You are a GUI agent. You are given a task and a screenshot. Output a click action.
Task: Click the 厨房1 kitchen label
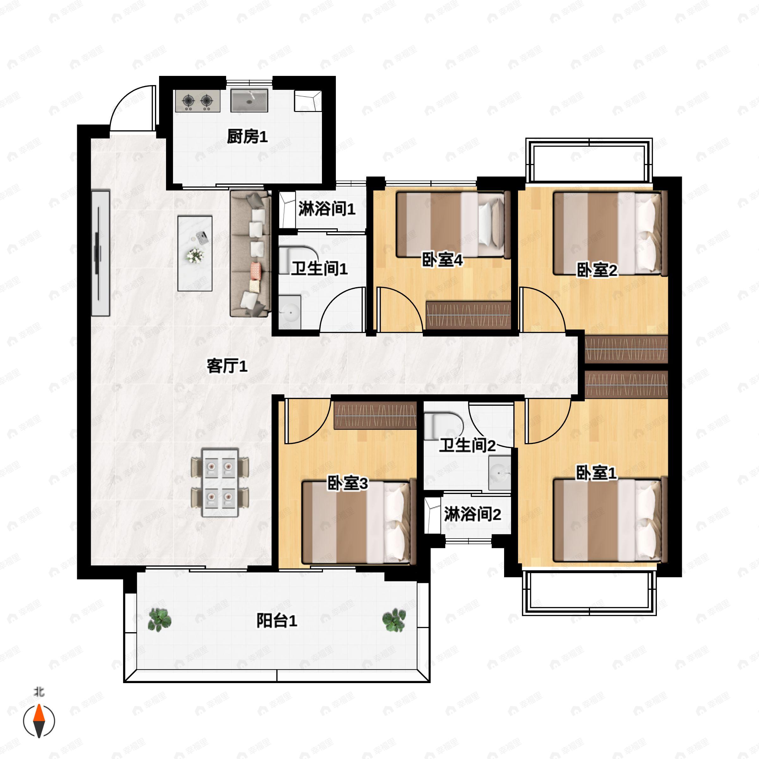(x=247, y=137)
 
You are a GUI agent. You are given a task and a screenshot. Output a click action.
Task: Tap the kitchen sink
(x=249, y=100)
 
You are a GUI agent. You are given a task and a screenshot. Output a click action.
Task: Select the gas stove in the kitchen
(x=198, y=101)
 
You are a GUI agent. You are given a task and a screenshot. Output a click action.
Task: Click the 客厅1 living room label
(x=227, y=366)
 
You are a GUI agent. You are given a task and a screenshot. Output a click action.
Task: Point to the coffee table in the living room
(x=195, y=253)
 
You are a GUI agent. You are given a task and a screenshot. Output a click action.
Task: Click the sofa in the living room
(x=251, y=253)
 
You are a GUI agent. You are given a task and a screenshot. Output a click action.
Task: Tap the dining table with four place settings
(x=220, y=482)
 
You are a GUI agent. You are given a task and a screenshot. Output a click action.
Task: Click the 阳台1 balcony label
(x=277, y=621)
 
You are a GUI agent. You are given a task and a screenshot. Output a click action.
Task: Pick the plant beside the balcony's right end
(x=394, y=620)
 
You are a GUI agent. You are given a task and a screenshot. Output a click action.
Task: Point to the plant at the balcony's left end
(x=159, y=620)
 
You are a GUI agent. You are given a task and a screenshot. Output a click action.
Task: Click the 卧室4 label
(x=442, y=260)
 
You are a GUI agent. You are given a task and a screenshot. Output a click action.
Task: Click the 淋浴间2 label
(x=472, y=514)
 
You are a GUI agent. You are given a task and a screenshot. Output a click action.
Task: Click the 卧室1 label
(x=596, y=472)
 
